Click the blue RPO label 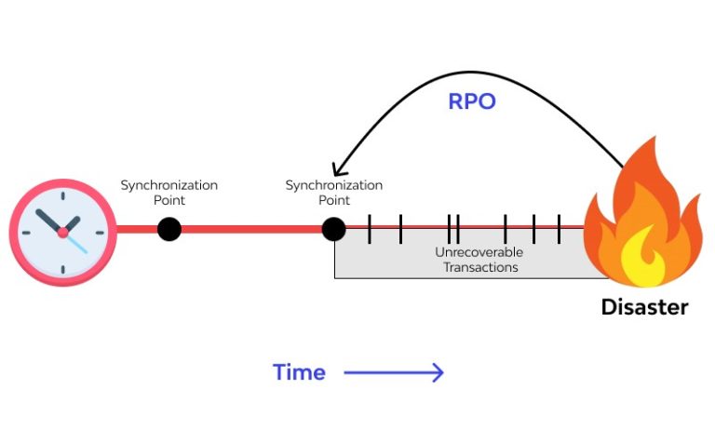pos(471,101)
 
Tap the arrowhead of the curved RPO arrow pos(338,168)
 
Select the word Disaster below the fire pos(644,307)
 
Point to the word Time pos(299,373)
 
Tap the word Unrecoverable pos(479,252)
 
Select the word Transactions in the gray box pos(479,267)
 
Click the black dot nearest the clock pos(169,229)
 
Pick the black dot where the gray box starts pos(333,229)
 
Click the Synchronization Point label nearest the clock pos(169,193)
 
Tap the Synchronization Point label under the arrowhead pos(333,193)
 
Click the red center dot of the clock pos(62,233)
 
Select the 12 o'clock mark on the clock pos(62,197)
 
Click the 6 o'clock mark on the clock pos(62,269)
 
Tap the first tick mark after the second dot pos(370,229)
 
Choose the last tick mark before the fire pos(559,229)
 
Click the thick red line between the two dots pos(251,229)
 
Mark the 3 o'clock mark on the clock pos(98,233)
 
